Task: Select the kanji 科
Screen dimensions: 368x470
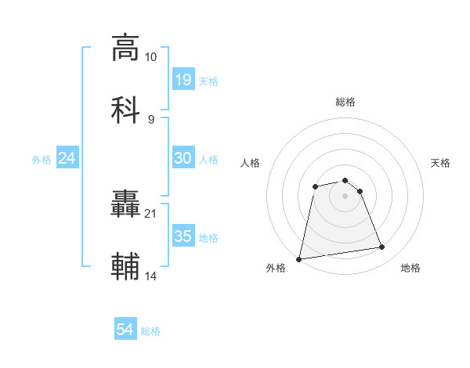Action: [125, 108]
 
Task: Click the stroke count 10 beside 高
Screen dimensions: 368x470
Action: [150, 57]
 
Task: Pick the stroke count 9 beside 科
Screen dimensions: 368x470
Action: [150, 118]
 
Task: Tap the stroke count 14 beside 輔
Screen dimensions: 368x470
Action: [150, 276]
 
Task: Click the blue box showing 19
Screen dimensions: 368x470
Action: [183, 80]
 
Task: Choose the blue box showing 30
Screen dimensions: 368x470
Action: [183, 158]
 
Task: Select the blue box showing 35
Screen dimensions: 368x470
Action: [183, 236]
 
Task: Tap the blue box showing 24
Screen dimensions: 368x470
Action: [67, 158]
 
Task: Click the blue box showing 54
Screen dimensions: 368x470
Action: [125, 330]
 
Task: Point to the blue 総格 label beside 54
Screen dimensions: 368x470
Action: [150, 331]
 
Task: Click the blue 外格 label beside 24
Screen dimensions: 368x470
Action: [42, 159]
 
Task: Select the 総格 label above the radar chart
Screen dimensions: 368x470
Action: [345, 102]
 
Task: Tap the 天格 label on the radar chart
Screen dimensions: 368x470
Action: [440, 163]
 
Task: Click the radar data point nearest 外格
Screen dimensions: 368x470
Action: [299, 258]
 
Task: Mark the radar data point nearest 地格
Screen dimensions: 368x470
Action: [381, 247]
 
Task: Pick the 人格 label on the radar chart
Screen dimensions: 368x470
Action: [251, 163]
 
